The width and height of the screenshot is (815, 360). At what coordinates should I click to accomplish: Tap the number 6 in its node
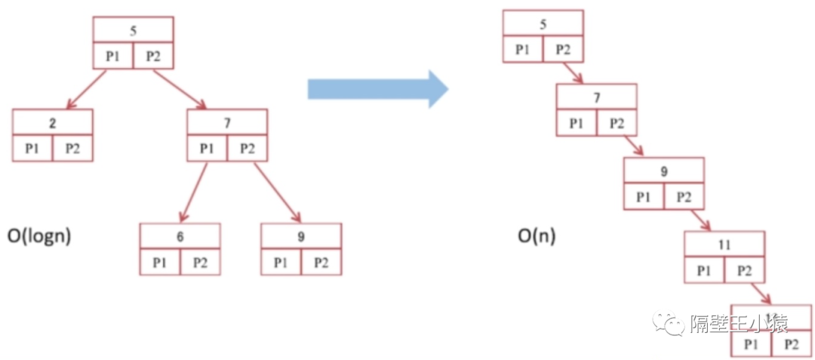180,237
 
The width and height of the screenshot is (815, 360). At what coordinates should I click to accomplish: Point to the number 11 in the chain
724,245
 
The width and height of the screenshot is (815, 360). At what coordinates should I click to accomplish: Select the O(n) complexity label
537,235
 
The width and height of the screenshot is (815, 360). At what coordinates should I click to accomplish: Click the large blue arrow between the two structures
377,89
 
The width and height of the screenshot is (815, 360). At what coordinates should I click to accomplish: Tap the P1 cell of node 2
32,148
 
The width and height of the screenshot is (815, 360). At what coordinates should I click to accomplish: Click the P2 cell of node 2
72,148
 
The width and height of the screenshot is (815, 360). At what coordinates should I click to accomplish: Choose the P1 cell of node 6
159,263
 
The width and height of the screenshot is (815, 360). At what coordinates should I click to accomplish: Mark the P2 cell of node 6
200,263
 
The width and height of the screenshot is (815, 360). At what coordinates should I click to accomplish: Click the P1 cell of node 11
704,270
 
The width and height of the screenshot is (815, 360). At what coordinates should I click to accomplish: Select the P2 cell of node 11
745,270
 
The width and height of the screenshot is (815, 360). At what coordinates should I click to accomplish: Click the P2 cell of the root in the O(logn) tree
154,57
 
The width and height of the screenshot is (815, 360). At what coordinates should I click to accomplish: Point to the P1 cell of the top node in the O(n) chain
523,50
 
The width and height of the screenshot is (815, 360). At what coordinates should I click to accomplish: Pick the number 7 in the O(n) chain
597,98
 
